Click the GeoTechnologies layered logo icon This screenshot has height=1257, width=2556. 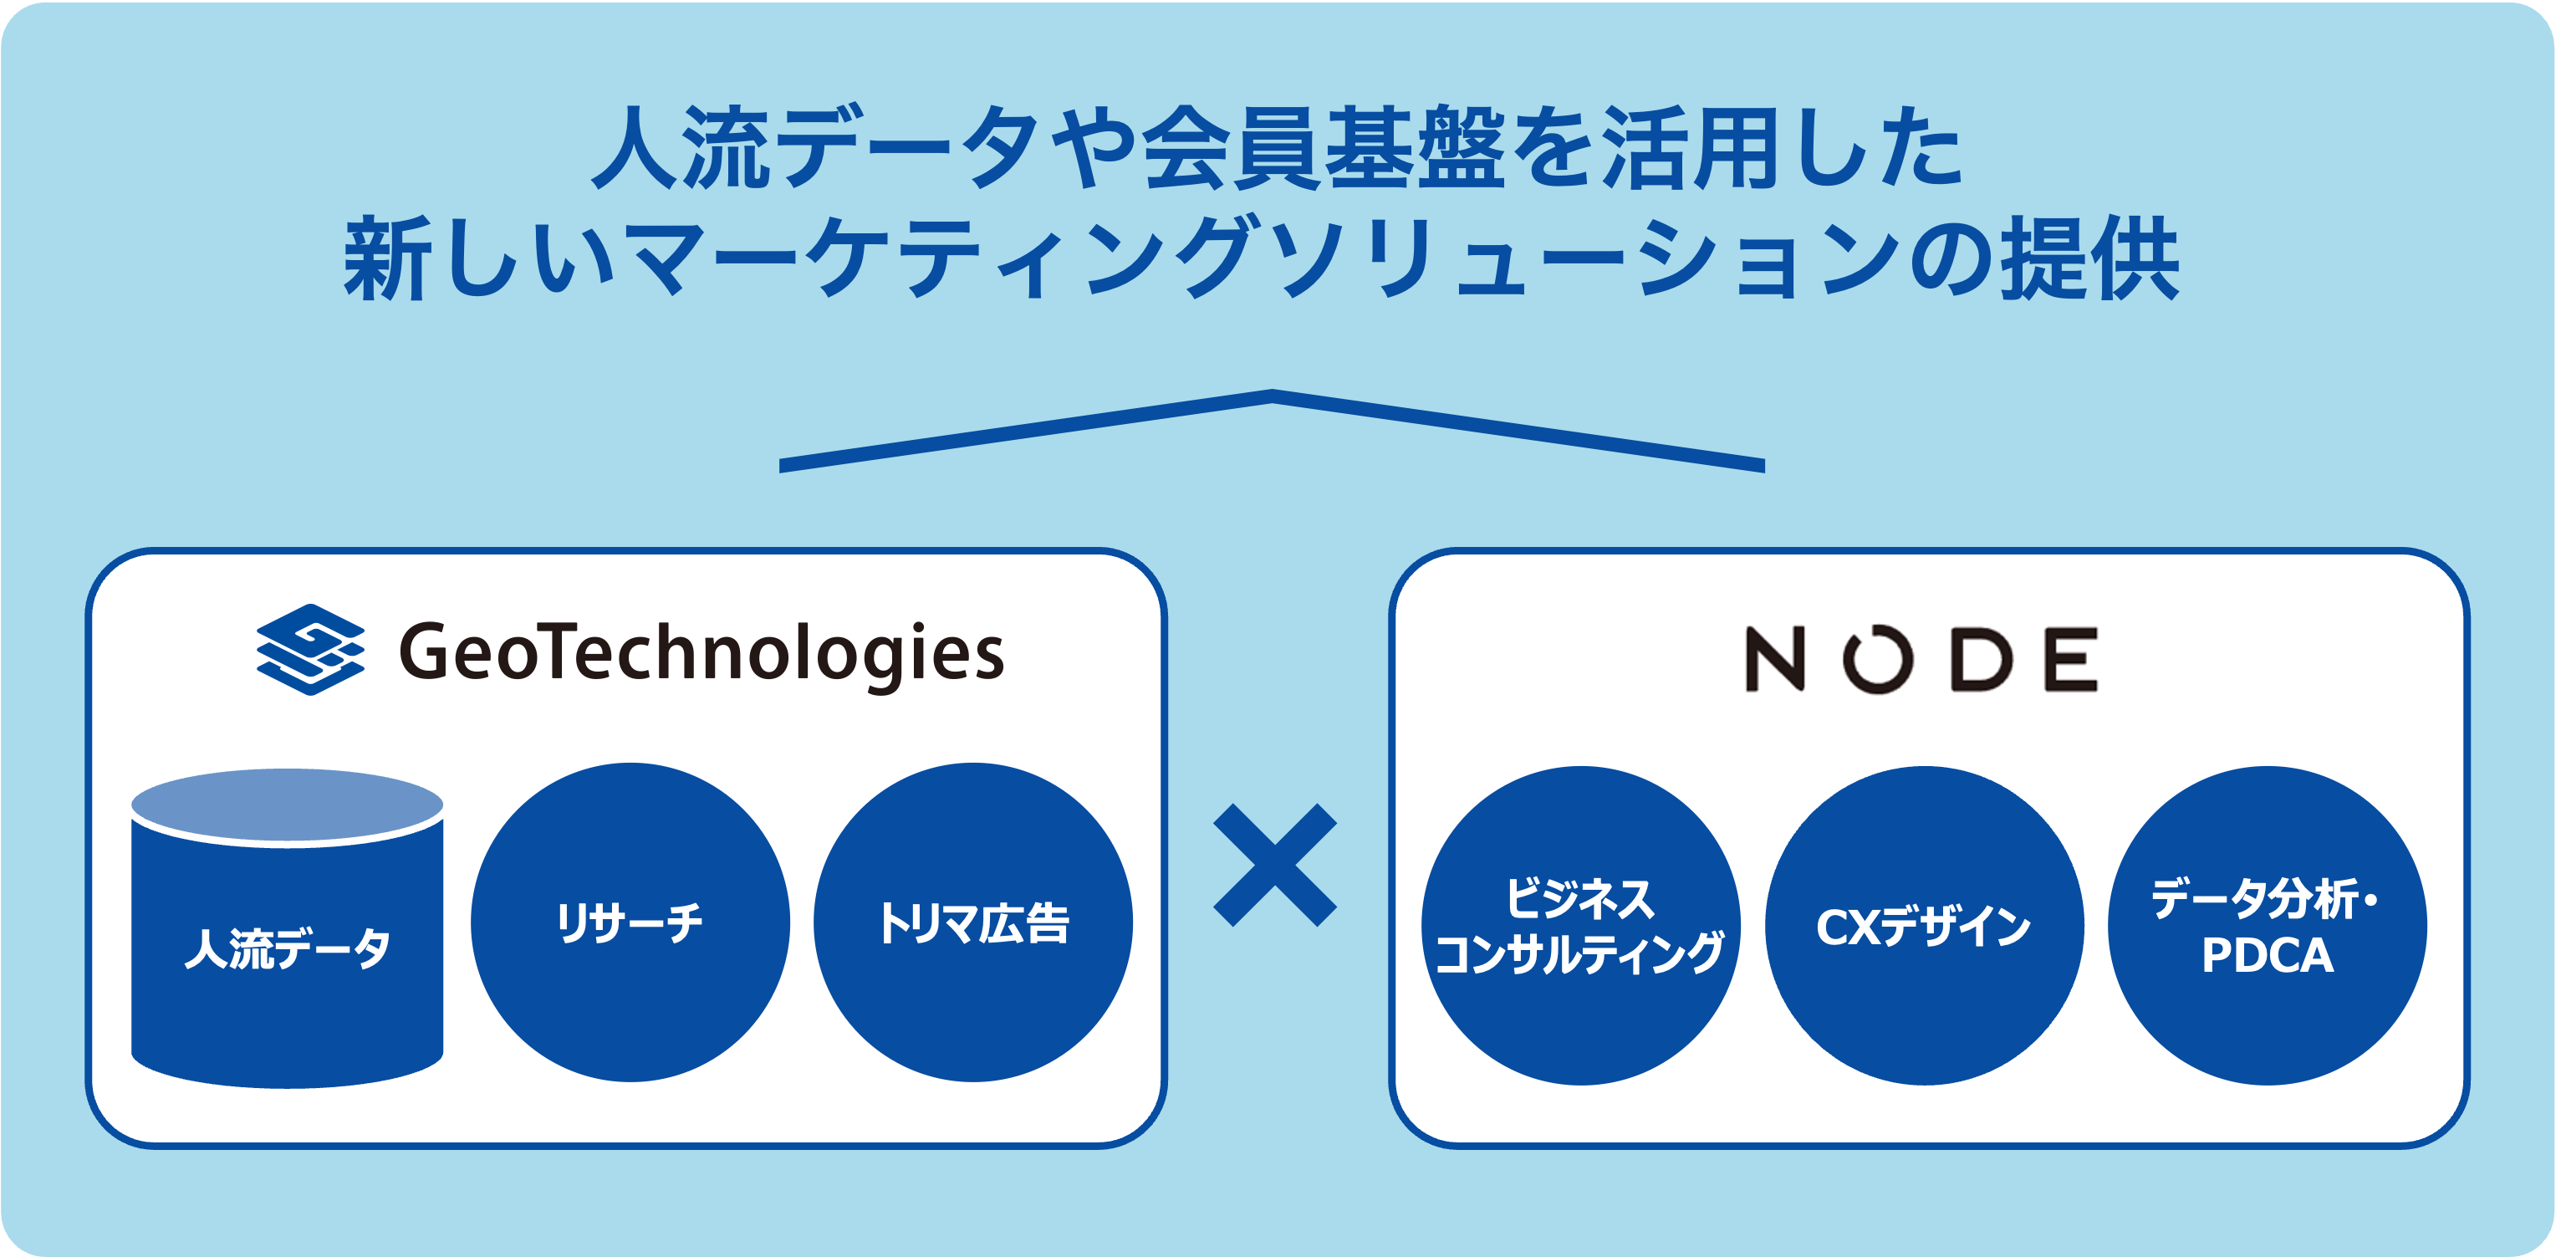309,650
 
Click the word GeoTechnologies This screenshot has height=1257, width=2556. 701,653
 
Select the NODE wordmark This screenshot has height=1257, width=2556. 1922,659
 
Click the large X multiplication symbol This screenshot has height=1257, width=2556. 1275,865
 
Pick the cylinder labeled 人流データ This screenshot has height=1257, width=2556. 287,953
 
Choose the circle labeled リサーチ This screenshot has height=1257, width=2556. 630,922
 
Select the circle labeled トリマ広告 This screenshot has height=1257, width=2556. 972,922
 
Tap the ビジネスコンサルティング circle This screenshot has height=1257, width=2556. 1579,926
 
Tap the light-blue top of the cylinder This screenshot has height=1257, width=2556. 287,806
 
